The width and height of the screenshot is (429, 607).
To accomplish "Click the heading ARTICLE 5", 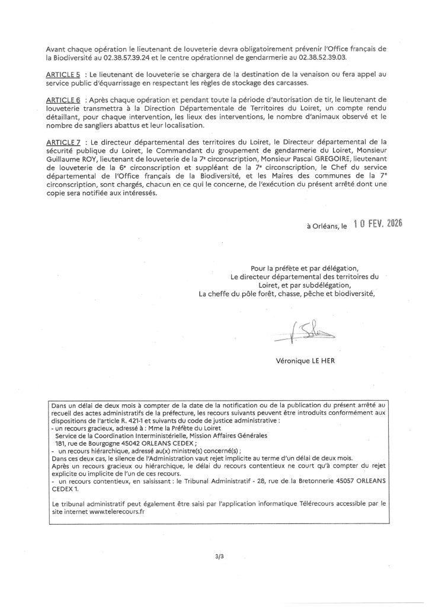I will [63, 76].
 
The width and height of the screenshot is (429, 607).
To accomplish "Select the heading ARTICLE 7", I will [63, 143].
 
